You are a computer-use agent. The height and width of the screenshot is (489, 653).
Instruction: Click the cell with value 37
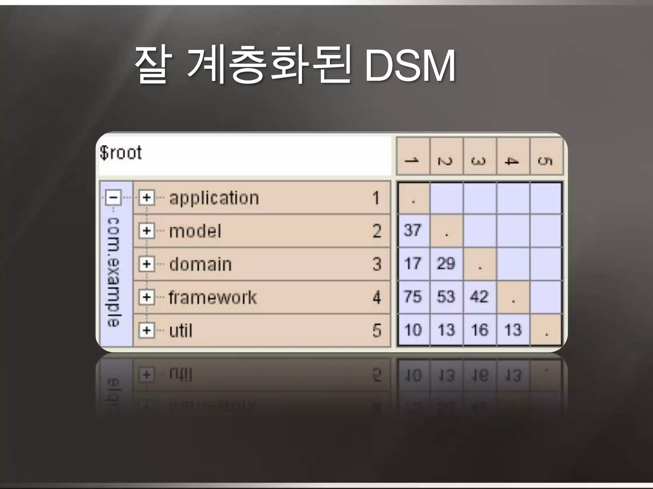[413, 230]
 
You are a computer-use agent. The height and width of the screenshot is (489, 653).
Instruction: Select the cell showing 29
[446, 264]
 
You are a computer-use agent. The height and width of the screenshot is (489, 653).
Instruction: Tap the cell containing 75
[413, 297]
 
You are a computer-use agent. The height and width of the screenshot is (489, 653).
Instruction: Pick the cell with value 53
[446, 297]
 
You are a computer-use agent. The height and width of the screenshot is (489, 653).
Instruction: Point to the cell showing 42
[479, 297]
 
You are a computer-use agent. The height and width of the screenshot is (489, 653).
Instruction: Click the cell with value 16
[480, 330]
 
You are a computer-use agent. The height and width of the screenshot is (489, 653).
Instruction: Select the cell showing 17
[413, 264]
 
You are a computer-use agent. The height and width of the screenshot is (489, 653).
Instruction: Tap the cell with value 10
[413, 330]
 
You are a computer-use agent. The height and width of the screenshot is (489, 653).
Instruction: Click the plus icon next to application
[147, 198]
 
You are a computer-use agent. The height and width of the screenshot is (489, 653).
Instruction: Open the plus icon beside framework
[147, 297]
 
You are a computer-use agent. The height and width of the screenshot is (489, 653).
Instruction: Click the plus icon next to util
[147, 330]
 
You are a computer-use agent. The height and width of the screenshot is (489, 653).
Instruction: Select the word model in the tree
[195, 231]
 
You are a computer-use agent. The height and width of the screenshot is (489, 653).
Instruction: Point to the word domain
[200, 264]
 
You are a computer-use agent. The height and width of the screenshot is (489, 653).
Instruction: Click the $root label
[121, 153]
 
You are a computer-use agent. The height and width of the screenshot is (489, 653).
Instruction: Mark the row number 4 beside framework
[377, 297]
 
